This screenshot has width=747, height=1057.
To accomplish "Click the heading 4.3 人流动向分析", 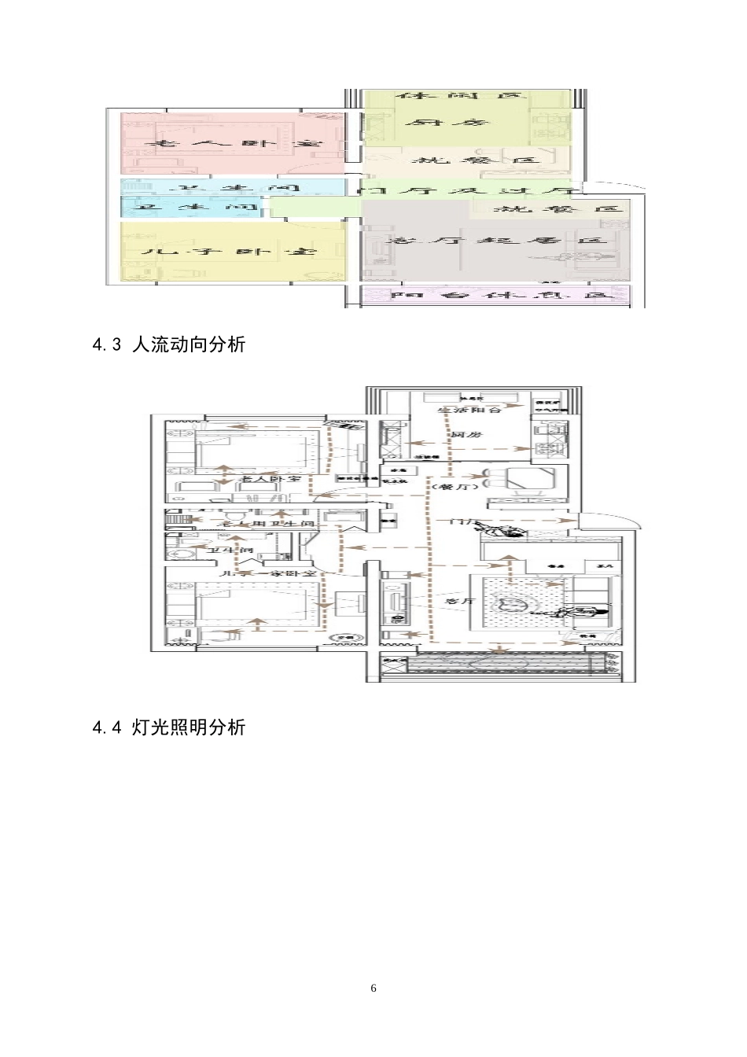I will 169,344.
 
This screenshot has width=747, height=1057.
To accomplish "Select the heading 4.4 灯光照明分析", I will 169,727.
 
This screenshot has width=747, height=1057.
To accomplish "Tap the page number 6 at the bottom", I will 373,988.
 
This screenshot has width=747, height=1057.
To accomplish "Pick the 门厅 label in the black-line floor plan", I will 461,522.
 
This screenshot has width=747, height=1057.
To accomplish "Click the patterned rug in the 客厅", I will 519,604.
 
